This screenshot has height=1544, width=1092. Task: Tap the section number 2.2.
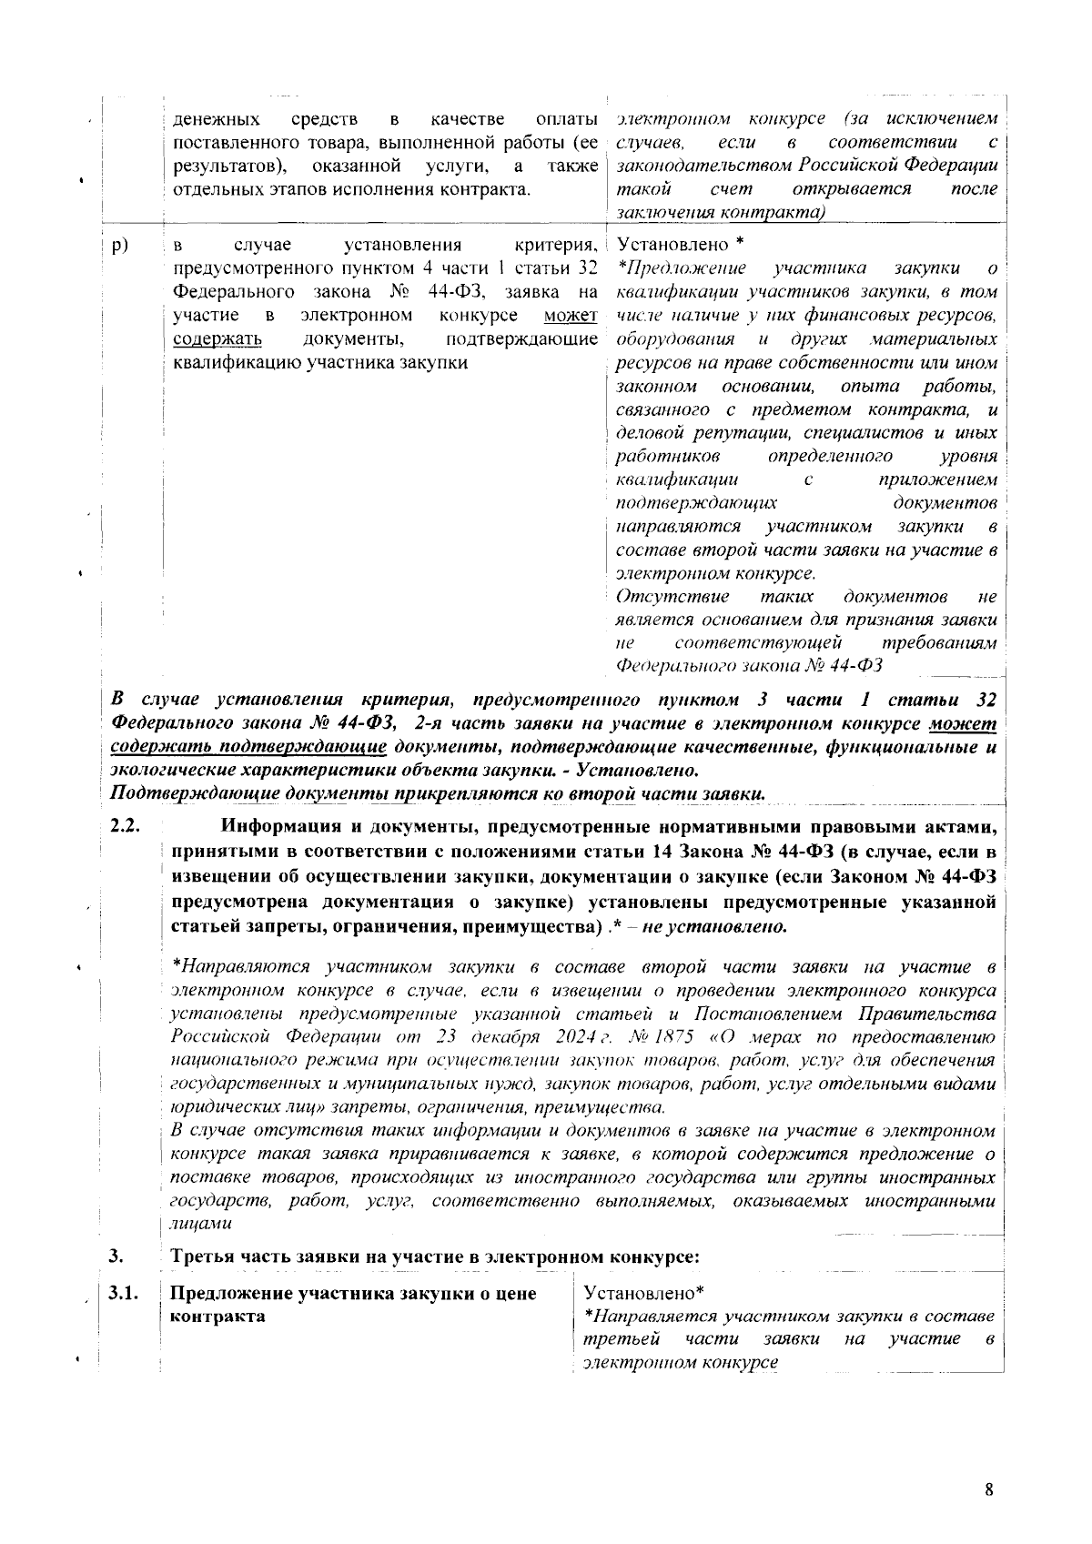click(x=124, y=827)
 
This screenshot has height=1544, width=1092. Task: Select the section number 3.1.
click(x=124, y=1294)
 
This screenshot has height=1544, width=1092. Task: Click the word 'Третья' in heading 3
click(x=203, y=1257)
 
